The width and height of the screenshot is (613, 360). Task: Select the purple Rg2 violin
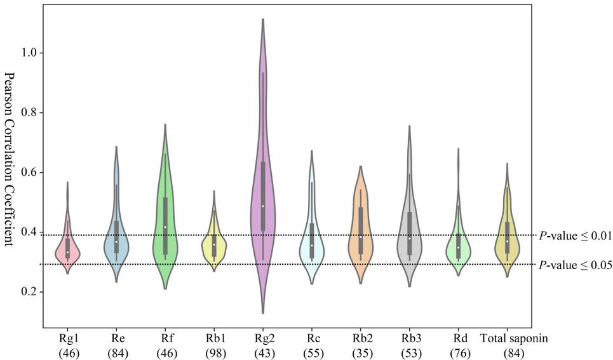point(263,190)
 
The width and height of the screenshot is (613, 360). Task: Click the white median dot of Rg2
point(263,206)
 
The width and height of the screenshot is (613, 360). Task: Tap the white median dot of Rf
point(165,227)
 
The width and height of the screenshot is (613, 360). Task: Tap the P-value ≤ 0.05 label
point(575,265)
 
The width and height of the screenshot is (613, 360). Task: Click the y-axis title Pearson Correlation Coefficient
point(11,164)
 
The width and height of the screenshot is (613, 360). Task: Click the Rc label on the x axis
point(311,338)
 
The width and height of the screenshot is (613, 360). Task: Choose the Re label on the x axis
point(116,338)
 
